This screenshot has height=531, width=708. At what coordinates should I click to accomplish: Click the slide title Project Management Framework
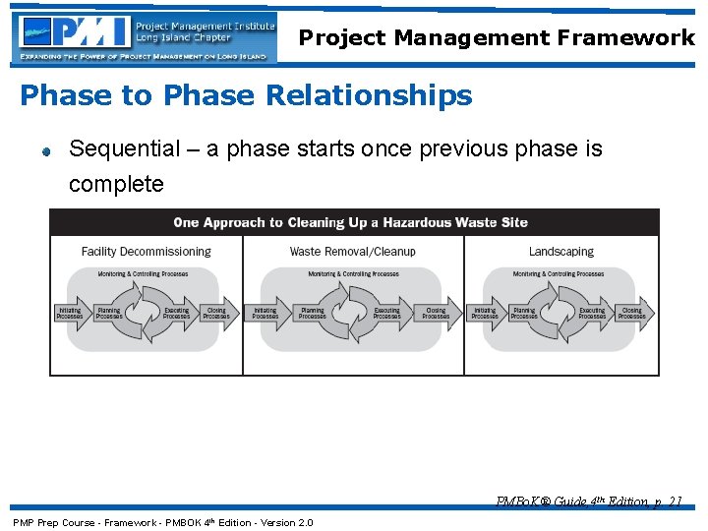tap(497, 38)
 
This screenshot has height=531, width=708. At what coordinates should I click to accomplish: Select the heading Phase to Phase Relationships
tap(246, 95)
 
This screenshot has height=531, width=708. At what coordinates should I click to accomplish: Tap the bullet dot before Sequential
tap(45, 151)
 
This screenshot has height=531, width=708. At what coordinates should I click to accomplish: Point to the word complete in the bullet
tap(116, 184)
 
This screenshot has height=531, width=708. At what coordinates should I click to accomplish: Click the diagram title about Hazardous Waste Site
tap(350, 222)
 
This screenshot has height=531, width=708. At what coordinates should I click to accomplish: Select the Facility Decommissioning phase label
tap(146, 252)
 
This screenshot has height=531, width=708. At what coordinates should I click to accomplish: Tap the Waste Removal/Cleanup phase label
tap(352, 252)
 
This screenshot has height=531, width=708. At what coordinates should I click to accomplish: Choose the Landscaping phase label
tap(560, 252)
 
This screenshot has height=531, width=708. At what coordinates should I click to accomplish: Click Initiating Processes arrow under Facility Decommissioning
tap(71, 313)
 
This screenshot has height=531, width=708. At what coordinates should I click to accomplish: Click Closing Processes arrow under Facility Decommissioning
tap(216, 313)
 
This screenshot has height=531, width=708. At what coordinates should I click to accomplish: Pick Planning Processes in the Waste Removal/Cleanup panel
tap(312, 313)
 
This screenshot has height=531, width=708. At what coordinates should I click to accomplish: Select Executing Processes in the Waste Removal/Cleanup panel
tap(386, 313)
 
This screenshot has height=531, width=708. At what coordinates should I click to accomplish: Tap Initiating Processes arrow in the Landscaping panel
tap(485, 313)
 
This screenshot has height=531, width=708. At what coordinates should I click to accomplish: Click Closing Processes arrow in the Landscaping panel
tap(632, 313)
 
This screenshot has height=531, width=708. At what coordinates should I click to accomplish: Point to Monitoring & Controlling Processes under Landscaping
tap(561, 274)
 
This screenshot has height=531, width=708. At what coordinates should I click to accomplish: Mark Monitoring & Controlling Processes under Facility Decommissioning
tap(144, 274)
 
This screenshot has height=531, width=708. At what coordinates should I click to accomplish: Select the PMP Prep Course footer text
tap(162, 522)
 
